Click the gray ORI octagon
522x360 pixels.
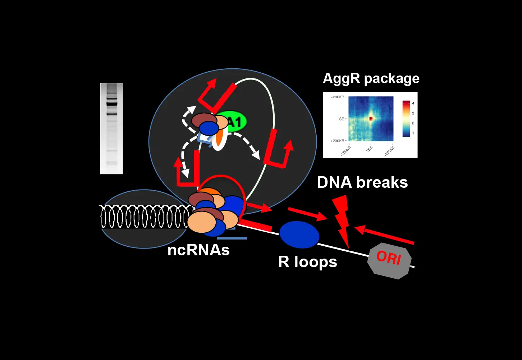389,261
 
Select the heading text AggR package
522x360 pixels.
371,78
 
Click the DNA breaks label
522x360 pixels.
362,182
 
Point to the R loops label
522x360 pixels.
307,262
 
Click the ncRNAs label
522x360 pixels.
198,250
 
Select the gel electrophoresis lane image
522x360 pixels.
111,128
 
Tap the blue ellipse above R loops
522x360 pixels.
299,234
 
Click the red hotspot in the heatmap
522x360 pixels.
371,118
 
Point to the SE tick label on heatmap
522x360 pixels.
342,119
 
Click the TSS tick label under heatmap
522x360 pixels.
369,149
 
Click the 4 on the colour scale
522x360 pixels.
413,104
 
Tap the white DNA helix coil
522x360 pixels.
144,217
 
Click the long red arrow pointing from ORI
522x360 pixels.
385,236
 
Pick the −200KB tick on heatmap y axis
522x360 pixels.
337,97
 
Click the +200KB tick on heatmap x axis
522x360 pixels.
390,151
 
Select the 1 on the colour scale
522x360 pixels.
413,133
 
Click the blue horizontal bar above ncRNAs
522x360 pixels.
232,238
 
